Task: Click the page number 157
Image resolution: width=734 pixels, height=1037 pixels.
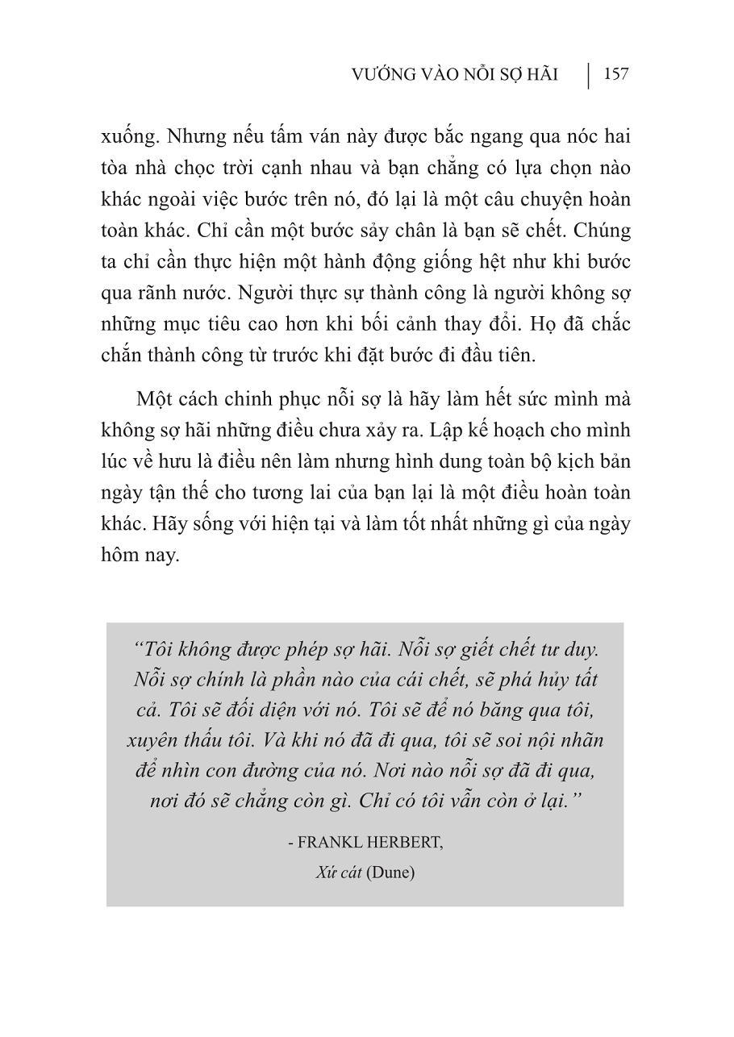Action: coord(615,74)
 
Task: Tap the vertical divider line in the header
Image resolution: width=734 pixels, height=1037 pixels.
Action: coord(589,75)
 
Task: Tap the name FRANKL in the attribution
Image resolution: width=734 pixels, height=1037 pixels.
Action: coord(329,843)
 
